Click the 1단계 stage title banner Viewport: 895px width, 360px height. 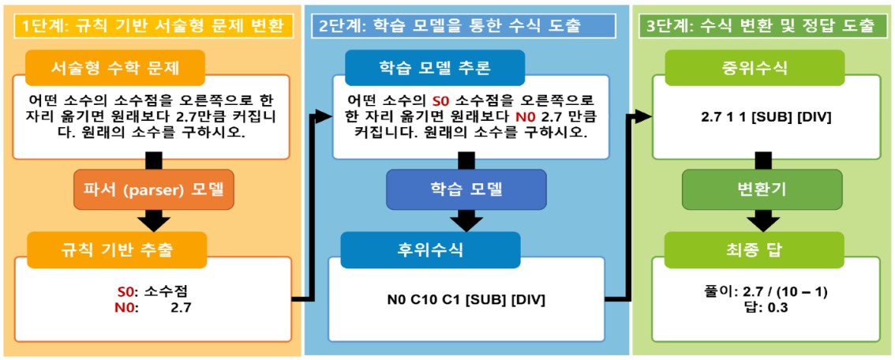(x=151, y=25)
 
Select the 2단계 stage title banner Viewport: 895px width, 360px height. (x=450, y=25)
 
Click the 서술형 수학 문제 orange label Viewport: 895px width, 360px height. (x=115, y=68)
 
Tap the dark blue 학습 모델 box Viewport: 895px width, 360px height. (x=466, y=189)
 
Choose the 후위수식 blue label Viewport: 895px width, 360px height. (x=430, y=250)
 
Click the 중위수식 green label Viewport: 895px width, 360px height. (x=743, y=68)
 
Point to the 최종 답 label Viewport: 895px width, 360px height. (x=744, y=250)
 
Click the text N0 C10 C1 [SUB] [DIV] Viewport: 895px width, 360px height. (x=466, y=300)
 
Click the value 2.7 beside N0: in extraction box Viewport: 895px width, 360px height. (x=181, y=306)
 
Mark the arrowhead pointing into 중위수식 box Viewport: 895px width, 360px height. (x=643, y=117)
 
